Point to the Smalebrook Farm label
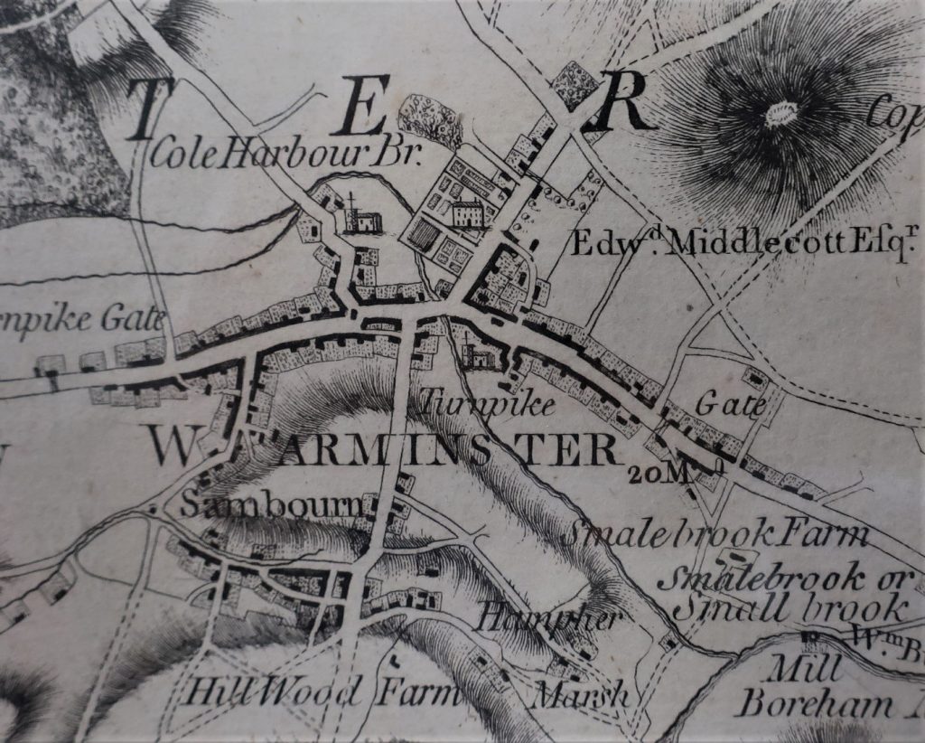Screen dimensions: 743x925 715,534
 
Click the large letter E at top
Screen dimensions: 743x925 368,105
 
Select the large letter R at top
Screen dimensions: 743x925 621,103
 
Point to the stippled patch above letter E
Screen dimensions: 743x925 431,118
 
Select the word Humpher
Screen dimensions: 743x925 550,618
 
